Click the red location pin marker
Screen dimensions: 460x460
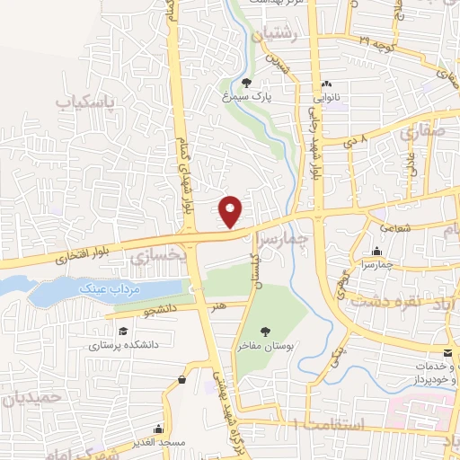[232, 211]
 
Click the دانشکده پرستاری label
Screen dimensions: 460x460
[115, 342]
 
